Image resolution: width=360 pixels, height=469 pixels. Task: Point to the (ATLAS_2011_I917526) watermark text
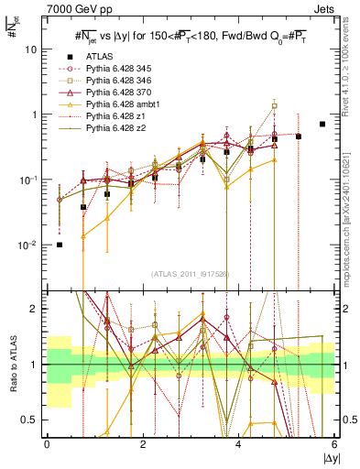coord(190,274)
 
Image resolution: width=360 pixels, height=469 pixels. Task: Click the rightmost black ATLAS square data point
coord(322,124)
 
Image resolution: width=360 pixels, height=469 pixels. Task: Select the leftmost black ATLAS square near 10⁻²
coord(60,245)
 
